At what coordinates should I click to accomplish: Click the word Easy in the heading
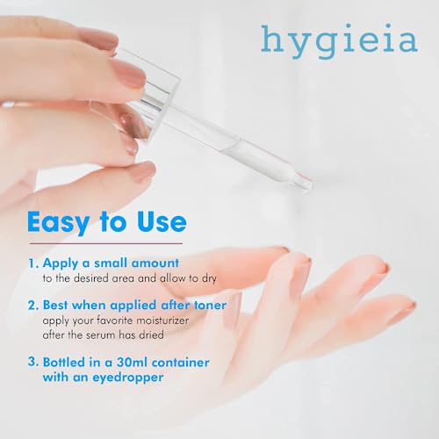coord(65,221)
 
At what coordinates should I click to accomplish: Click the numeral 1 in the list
coord(32,263)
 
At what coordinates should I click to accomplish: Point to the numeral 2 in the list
coord(32,306)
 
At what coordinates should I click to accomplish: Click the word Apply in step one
coord(61,263)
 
